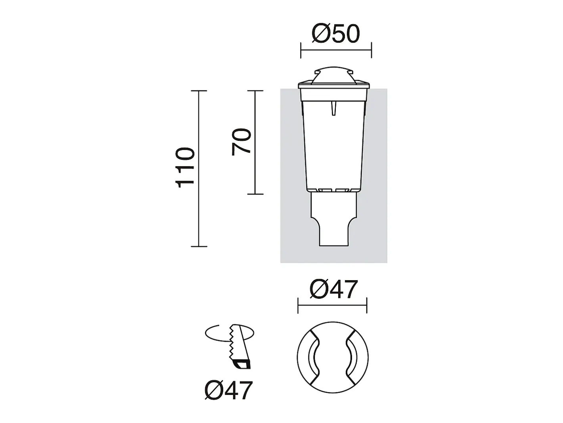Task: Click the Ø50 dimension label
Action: tap(336, 34)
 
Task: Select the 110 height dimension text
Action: tap(185, 167)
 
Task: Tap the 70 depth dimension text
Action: tap(241, 142)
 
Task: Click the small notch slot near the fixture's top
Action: tap(333, 108)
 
